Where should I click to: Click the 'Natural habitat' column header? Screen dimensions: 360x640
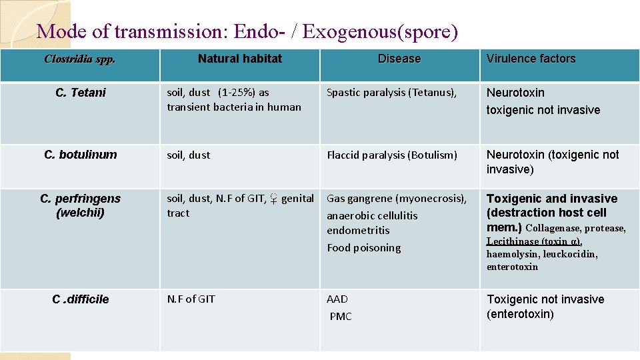coord(239,59)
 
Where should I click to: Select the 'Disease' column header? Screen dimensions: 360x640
coord(399,59)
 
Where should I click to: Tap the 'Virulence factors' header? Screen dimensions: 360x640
coord(531,59)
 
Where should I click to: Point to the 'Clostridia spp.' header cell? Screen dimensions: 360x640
coord(79,59)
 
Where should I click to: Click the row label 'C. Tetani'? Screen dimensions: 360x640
coord(80,93)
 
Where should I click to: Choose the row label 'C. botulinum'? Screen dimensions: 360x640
coord(80,155)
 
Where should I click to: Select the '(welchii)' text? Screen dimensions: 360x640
coord(80,213)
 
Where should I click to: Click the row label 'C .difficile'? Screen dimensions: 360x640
coord(80,299)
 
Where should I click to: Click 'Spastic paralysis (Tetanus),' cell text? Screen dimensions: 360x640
coord(391,93)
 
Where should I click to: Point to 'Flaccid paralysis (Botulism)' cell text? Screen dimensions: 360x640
coord(392,155)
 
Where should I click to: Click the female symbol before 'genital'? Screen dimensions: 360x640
coord(273,198)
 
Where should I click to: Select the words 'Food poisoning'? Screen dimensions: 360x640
coord(363,247)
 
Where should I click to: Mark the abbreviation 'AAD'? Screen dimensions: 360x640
coord(337,299)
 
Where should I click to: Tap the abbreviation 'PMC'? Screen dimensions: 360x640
coord(340,316)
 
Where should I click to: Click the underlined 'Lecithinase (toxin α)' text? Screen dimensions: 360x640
coord(534,241)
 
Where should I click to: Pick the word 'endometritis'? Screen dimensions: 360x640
coord(358,231)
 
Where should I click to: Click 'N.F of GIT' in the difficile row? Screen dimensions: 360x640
coord(191,299)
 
